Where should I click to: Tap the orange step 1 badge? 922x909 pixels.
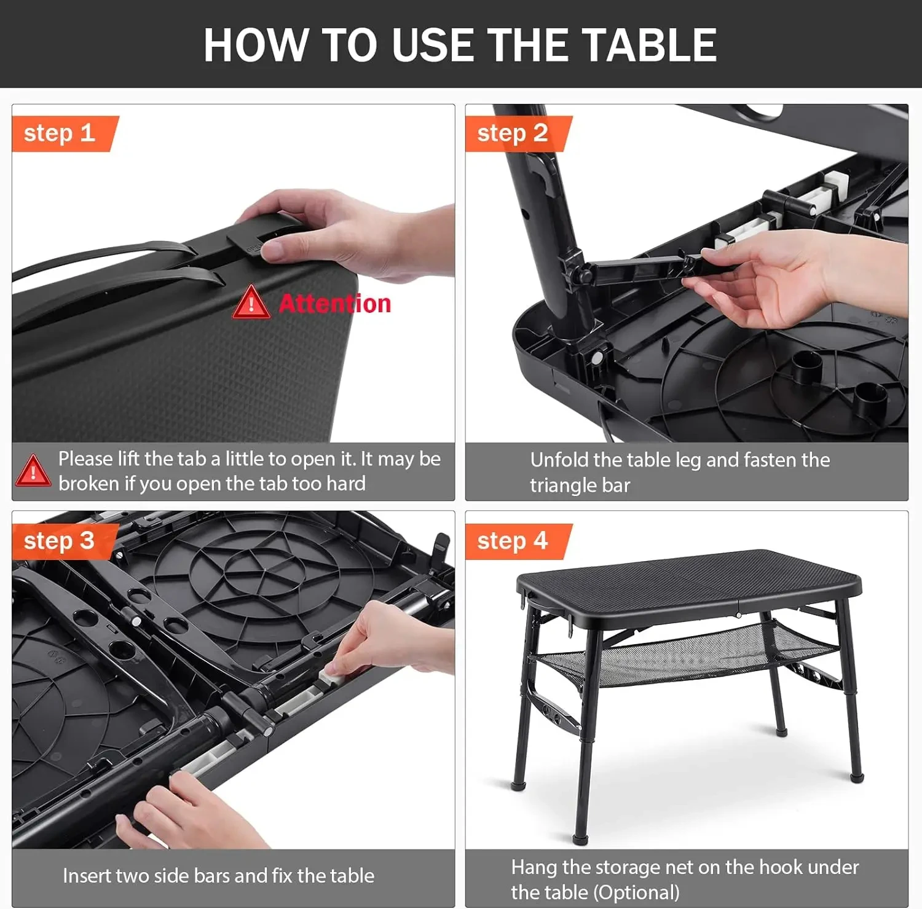65,133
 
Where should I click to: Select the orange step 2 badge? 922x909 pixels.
518,133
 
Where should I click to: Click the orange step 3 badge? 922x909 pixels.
65,541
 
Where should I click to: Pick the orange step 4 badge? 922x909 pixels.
518,541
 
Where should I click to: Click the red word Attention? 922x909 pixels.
335,304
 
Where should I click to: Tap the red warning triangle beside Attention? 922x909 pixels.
251,302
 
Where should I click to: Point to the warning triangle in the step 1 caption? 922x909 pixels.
33,470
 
